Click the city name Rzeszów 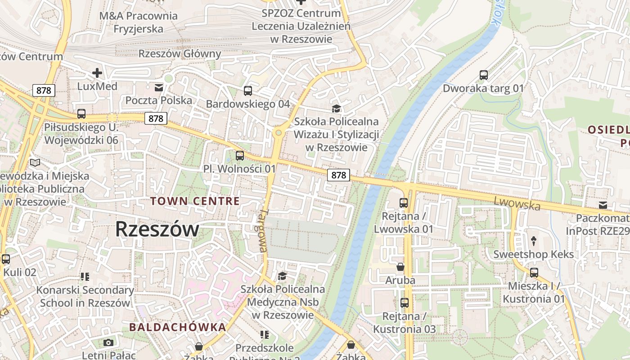(x=157, y=229)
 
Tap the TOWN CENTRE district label (x=195, y=201)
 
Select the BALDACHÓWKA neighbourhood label (x=177, y=327)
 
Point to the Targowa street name (x=263, y=230)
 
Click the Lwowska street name (x=517, y=203)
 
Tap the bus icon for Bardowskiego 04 (x=248, y=91)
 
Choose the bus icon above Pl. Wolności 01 (x=240, y=156)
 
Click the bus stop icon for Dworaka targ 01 (x=484, y=75)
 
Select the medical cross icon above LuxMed (x=97, y=72)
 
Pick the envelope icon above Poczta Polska (x=159, y=87)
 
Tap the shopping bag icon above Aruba (x=400, y=267)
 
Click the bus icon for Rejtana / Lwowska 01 (x=404, y=203)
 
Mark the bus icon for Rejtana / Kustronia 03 (x=405, y=303)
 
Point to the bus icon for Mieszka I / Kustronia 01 (x=534, y=273)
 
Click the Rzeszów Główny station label (x=180, y=54)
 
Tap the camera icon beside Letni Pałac (x=108, y=343)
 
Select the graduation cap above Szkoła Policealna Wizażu (x=336, y=108)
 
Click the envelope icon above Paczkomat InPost (x=603, y=206)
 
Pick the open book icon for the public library (x=35, y=163)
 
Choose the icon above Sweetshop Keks (x=534, y=241)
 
